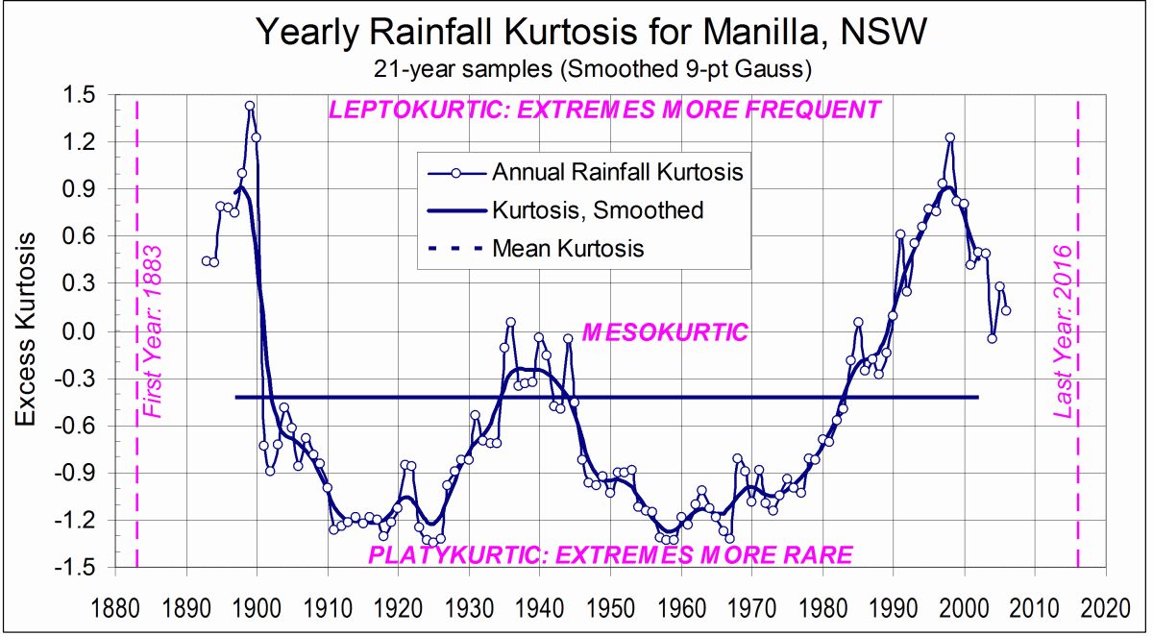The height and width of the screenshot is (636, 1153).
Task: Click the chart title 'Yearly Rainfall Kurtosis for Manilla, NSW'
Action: point(590,33)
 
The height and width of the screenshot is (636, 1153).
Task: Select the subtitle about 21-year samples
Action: point(590,69)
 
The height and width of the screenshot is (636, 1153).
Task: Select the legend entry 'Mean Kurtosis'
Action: point(568,248)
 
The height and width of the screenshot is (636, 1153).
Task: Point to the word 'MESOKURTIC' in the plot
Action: point(665,332)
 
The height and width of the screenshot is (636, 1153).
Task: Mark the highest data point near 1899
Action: point(250,107)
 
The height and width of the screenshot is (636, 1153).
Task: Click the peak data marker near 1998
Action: point(949,137)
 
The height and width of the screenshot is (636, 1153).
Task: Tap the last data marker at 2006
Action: point(1006,310)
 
